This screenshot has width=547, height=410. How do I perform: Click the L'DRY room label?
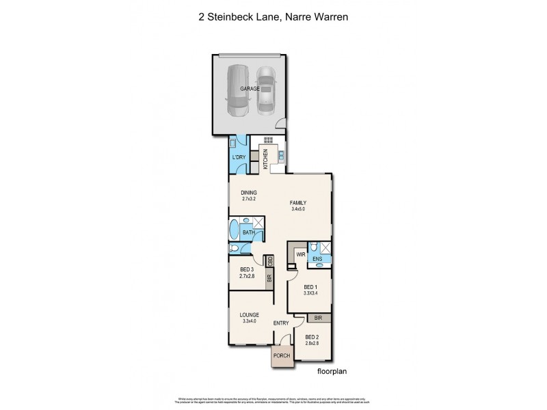point(239,158)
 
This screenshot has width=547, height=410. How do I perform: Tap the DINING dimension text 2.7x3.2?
point(248,200)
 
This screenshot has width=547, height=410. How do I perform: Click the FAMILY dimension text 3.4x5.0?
point(298,210)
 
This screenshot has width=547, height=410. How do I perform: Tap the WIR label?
point(300,254)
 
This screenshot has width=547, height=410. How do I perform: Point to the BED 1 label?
point(309,287)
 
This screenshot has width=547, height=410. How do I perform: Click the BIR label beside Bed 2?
point(318,318)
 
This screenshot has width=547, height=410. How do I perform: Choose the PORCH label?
point(282,356)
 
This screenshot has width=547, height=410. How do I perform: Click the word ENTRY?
point(281,323)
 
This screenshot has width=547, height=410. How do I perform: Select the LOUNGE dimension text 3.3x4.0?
point(248,321)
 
